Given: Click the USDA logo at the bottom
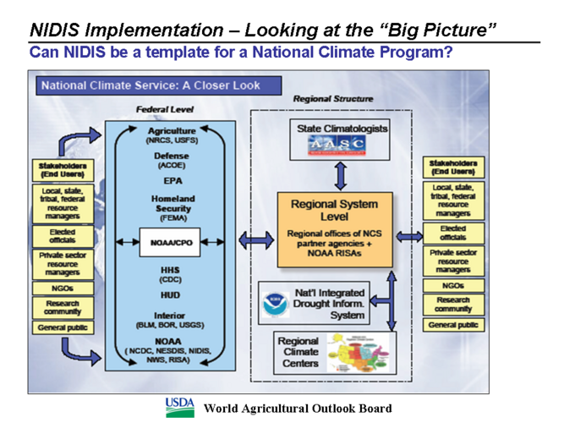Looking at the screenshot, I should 179,404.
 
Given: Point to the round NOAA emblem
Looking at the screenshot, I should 275,302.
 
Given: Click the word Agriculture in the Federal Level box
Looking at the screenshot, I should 172,131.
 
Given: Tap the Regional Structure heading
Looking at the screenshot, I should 332,99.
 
